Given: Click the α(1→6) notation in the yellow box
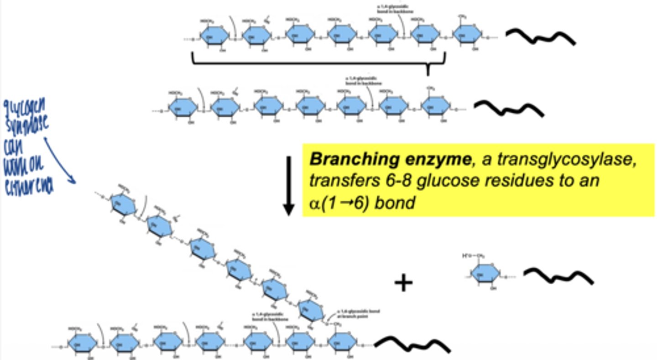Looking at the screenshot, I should tap(335, 203).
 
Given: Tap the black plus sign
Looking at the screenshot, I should tap(403, 283).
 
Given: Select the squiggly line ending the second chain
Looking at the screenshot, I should tap(509, 108).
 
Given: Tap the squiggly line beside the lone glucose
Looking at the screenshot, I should tap(558, 276).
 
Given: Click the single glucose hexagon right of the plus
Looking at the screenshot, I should tap(485, 275).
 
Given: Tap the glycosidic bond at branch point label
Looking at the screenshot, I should tap(359, 314).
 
